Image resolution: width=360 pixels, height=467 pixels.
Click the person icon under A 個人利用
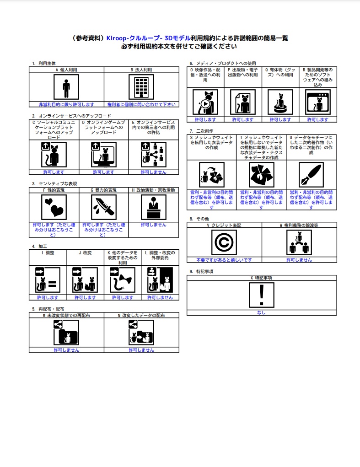[x=66, y=87]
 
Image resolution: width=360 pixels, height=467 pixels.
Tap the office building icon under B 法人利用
[x=141, y=87]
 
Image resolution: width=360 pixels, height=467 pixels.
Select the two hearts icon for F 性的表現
[x=54, y=207]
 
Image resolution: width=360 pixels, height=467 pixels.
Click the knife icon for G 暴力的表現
[x=104, y=207]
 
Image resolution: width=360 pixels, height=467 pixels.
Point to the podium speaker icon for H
[x=154, y=207]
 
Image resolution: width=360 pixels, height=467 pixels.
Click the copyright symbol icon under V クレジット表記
[x=224, y=242]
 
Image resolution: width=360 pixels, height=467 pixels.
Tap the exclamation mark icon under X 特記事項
[x=262, y=295]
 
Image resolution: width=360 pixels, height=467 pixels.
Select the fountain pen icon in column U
[x=311, y=175]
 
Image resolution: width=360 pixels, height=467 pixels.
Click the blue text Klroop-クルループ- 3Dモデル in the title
[x=148, y=38]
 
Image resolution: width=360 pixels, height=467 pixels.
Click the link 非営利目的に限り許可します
[x=66, y=105]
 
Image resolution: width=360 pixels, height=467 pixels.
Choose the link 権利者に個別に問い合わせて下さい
[x=141, y=105]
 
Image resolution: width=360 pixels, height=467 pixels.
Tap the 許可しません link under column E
[x=154, y=172]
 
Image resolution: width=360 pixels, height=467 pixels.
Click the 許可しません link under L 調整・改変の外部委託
[x=160, y=297]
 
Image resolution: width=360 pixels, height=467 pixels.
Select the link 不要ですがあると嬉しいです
[x=224, y=260]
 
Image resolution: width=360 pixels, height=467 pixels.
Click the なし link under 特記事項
[x=262, y=313]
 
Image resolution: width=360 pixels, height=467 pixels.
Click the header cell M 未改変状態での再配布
[x=66, y=316]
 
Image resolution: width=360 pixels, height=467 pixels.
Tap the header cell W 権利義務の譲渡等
[x=299, y=225]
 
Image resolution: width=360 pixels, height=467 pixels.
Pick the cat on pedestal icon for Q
[x=280, y=102]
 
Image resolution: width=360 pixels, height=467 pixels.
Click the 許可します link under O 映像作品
[x=205, y=120]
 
